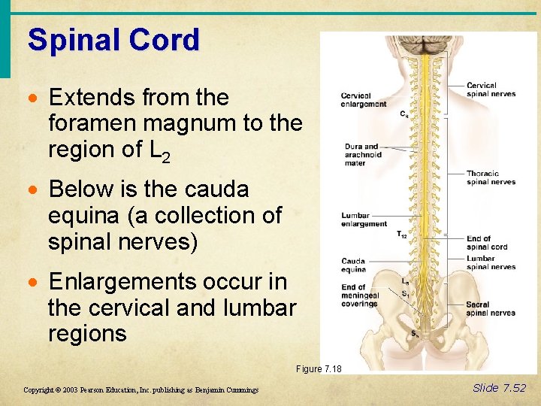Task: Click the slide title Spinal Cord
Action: click(113, 40)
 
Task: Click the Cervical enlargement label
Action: click(364, 100)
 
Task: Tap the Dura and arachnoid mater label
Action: click(363, 155)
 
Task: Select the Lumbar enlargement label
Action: click(364, 220)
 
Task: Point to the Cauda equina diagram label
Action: click(353, 265)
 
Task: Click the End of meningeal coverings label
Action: click(359, 295)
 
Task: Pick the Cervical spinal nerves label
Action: click(491, 90)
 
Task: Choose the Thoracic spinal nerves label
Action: click(491, 177)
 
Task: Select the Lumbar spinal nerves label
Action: click(491, 262)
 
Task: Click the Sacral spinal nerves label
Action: click(491, 308)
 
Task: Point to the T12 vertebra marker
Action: click(402, 235)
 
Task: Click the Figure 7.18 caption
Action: click(319, 368)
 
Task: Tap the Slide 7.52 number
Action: click(500, 388)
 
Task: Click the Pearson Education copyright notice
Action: click(141, 390)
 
